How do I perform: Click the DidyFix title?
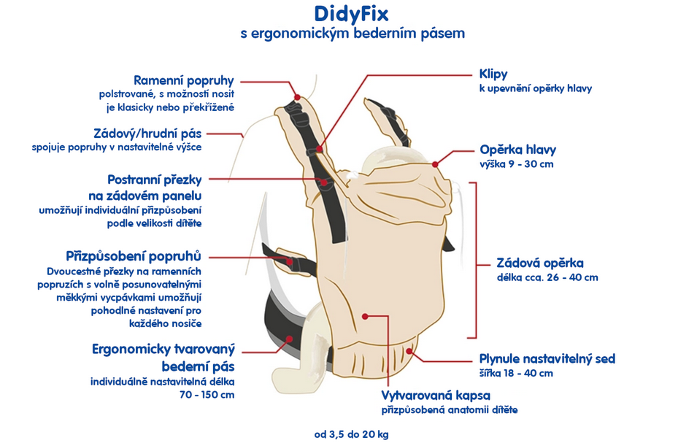coord(351,13)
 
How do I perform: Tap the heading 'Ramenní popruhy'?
coord(183,80)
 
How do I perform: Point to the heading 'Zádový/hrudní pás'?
coord(147,134)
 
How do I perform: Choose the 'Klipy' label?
coord(493,74)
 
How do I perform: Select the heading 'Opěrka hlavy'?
coord(517,150)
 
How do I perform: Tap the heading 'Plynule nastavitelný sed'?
coord(547,358)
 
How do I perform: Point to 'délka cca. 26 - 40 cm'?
coord(547,277)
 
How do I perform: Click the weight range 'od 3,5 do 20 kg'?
coord(351,434)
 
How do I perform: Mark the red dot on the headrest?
coord(435,164)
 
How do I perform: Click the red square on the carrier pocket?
coord(364,316)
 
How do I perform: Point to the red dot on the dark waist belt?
coord(290,339)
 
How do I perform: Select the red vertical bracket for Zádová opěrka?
coord(475,261)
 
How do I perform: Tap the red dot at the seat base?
coord(410,351)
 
